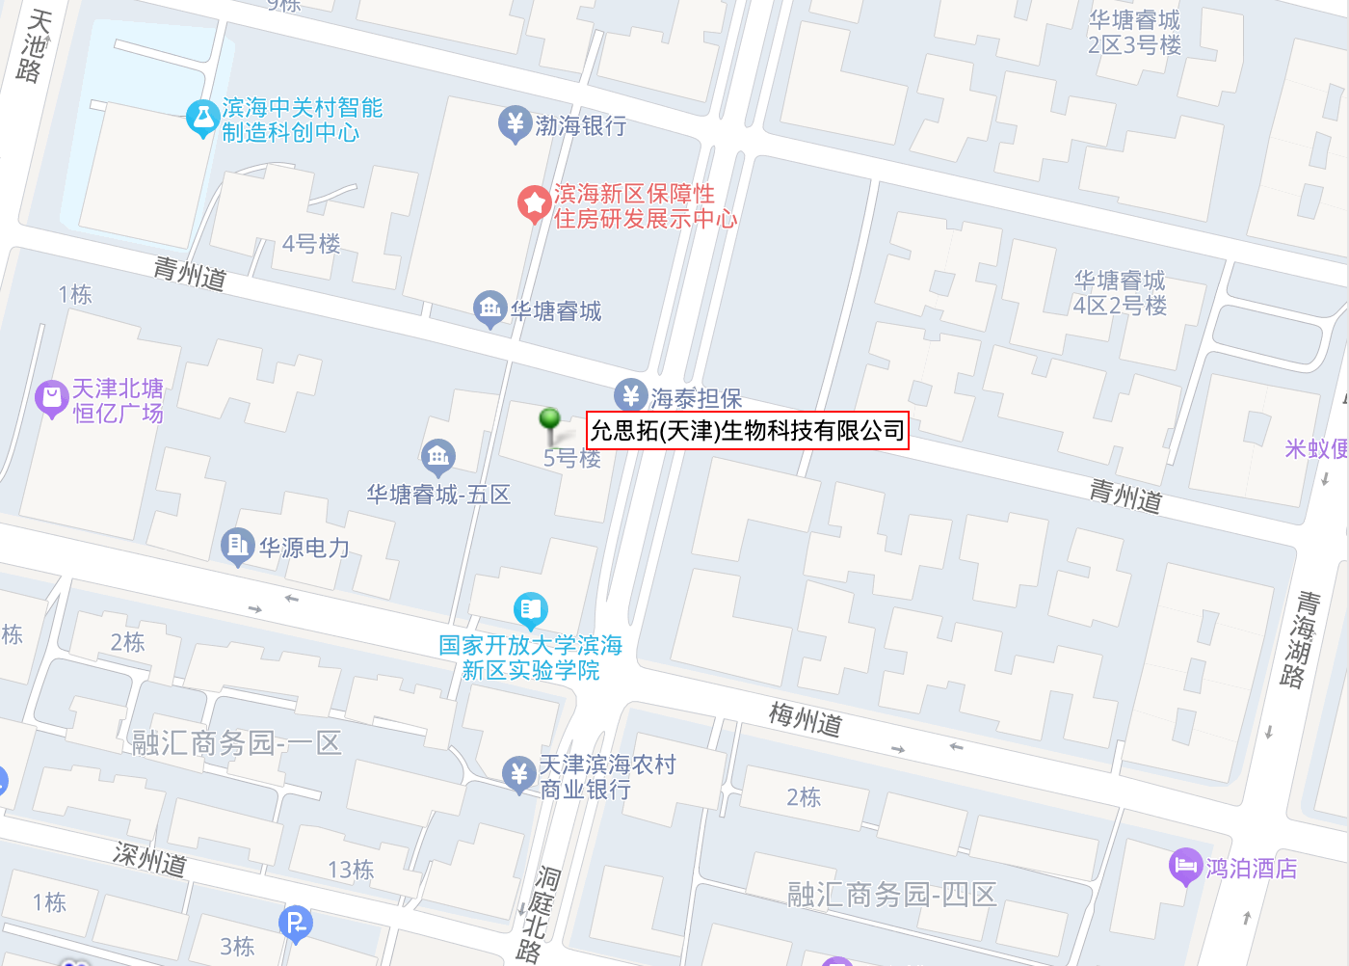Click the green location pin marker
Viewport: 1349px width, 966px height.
549,421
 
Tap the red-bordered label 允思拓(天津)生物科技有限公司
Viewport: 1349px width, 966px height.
747,430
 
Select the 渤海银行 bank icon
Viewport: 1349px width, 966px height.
515,123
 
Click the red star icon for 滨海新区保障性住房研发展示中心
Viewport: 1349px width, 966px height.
534,203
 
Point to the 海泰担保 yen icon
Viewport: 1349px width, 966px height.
630,394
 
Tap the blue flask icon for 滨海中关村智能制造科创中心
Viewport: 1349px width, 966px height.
202,118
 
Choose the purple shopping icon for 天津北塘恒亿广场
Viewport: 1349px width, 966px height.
50,398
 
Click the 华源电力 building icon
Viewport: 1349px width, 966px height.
237,546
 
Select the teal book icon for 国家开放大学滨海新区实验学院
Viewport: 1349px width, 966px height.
530,609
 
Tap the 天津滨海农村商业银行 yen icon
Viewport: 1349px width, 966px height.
518,773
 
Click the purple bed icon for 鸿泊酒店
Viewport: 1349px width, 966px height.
1184,866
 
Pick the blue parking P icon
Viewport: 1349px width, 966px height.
295,924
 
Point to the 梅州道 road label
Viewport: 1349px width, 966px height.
806,718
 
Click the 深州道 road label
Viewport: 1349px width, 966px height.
149,857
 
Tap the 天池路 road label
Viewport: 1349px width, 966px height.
32,46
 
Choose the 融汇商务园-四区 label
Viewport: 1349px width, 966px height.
891,895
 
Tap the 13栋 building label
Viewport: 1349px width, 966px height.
351,870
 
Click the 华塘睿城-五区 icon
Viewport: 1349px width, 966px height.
437,456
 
